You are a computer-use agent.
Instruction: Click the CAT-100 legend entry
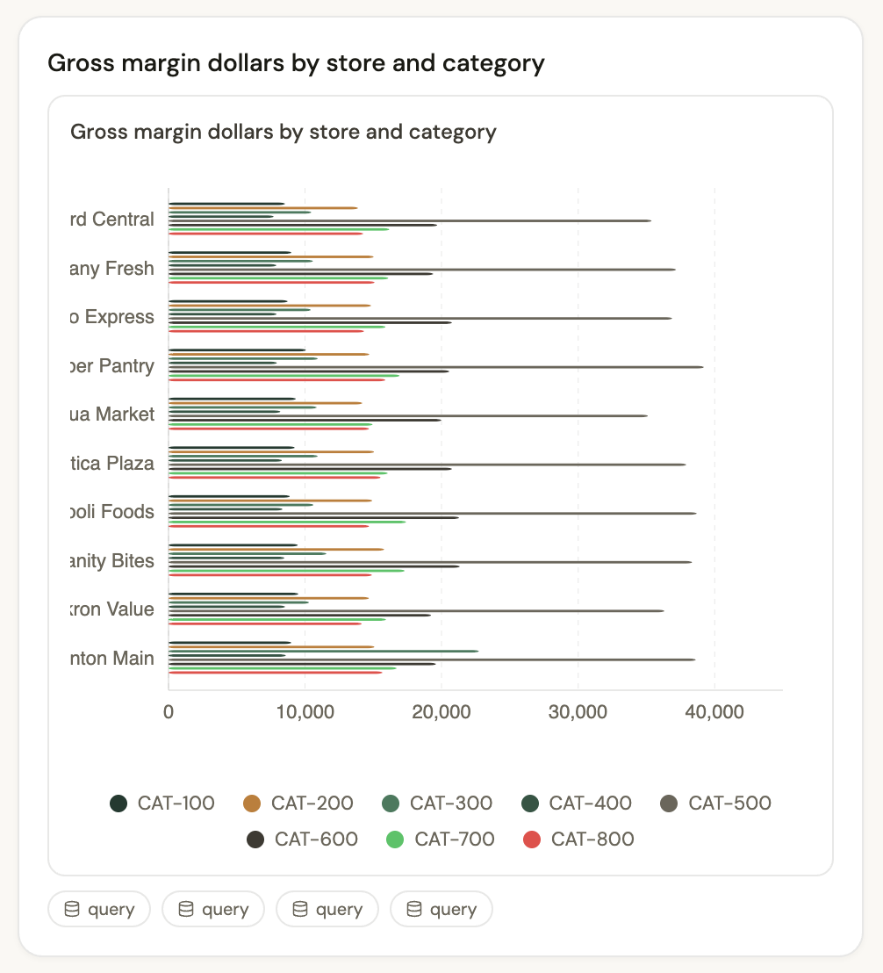coord(162,803)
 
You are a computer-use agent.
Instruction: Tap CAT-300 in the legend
coord(436,803)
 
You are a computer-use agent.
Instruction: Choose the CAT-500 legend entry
coord(714,803)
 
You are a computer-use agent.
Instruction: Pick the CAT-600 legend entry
coord(302,840)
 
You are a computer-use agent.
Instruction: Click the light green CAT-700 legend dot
coord(395,840)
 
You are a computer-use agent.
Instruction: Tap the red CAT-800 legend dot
coord(531,840)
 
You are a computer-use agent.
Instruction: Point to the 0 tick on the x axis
coord(169,712)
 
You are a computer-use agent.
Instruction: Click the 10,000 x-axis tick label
coord(305,712)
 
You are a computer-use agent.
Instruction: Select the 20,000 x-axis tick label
coord(441,712)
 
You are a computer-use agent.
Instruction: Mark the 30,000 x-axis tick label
coord(578,712)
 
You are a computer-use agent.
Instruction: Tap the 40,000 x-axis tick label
coord(714,712)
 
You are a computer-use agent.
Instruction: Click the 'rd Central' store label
coord(111,220)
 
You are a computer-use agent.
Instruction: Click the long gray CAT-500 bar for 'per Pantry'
coord(439,367)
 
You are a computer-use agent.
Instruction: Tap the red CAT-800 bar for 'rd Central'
coord(263,234)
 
